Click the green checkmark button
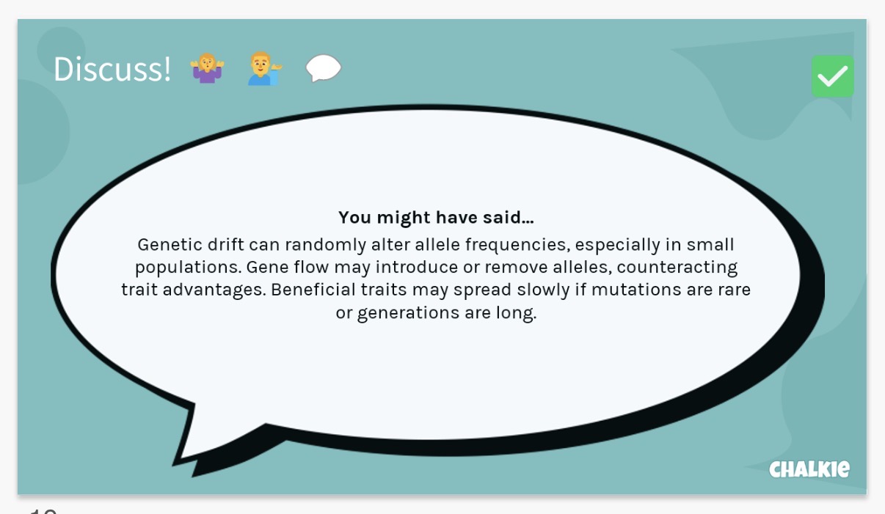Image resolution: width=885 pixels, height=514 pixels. [x=832, y=76]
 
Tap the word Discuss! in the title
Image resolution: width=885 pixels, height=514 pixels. [x=112, y=70]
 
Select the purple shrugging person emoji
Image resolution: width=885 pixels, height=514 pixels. [x=207, y=68]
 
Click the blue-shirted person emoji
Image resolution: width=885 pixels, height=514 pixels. [x=263, y=68]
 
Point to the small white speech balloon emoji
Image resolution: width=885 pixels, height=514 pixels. [x=324, y=68]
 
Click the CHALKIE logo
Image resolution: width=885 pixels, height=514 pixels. [x=809, y=469]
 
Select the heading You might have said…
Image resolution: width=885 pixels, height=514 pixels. [x=436, y=217]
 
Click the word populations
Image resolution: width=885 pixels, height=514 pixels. [x=187, y=267]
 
